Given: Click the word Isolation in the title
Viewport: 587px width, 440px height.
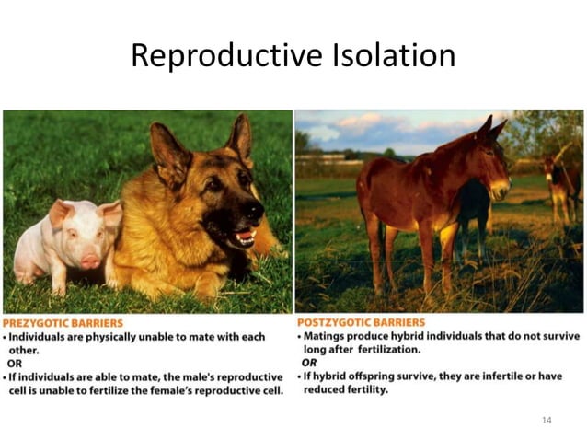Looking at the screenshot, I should (395, 56).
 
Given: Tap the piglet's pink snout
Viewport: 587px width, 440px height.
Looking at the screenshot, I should (90, 261).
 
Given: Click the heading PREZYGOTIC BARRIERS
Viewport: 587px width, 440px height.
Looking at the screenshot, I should (63, 324).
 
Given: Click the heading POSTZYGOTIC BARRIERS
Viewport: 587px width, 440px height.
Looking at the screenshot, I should (361, 323).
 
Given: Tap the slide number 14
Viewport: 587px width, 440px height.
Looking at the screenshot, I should (547, 420).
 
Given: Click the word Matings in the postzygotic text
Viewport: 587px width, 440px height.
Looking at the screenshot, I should (327, 337).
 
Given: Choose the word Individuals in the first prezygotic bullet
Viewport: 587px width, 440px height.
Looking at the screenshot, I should (41, 337).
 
